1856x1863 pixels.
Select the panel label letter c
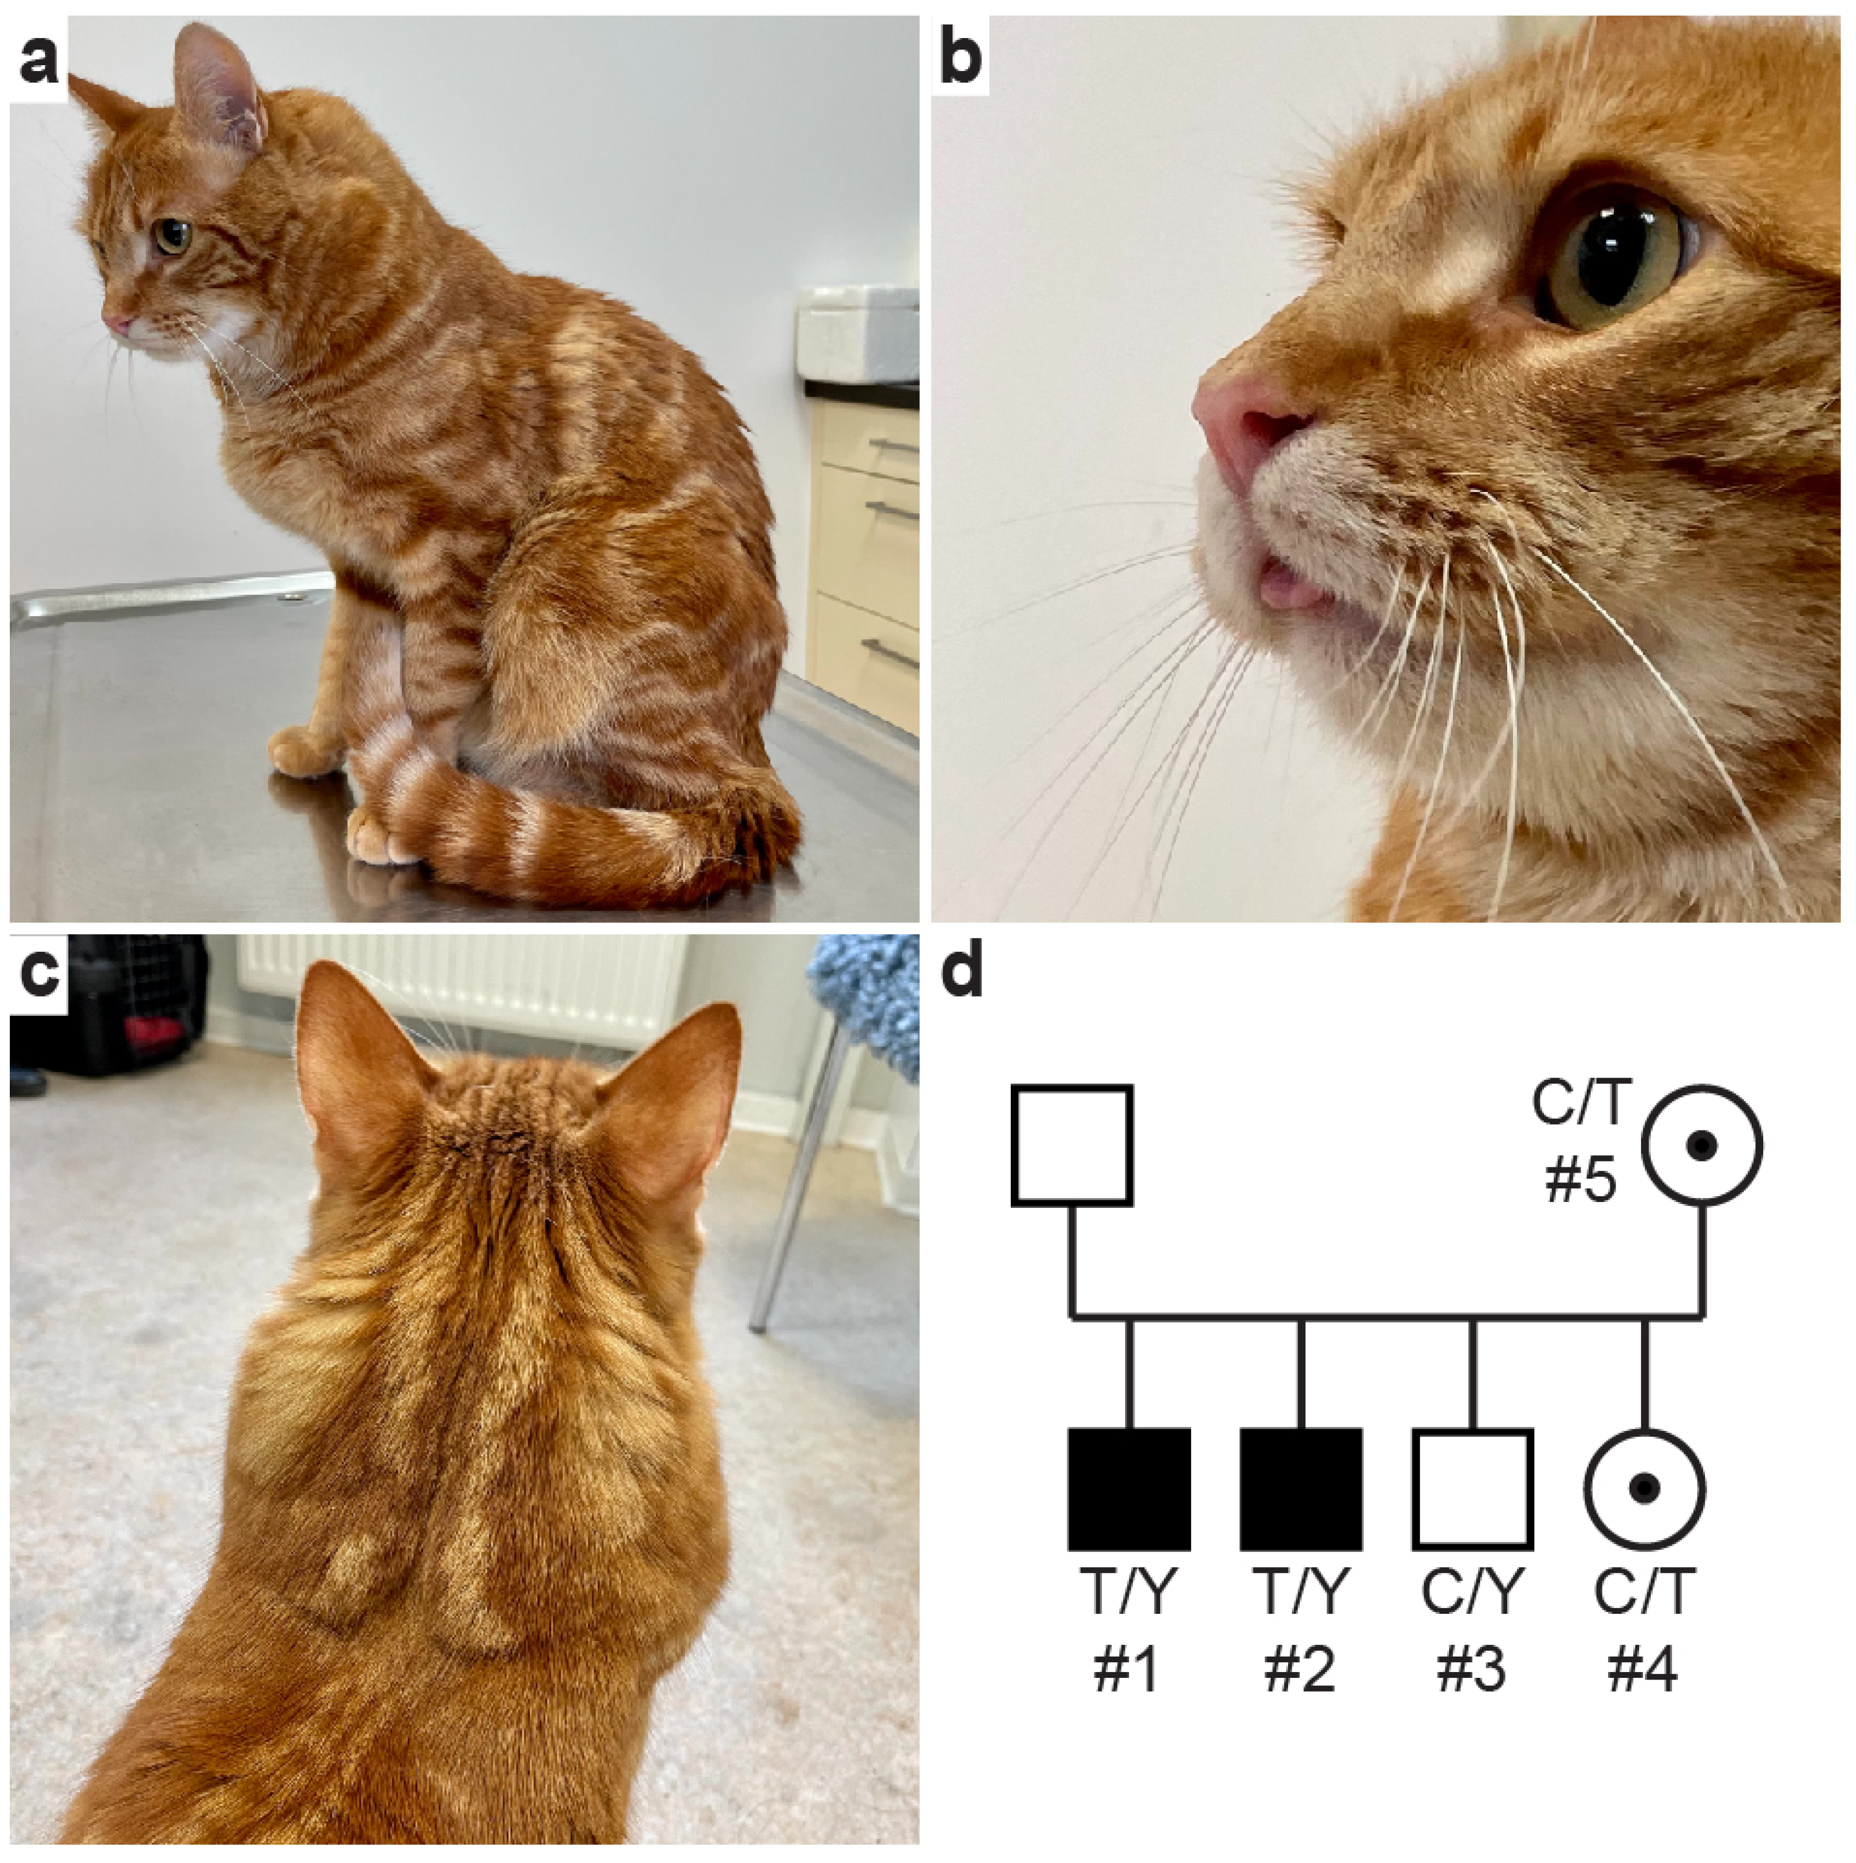coord(39,976)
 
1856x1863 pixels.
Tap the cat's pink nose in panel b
coord(1244,425)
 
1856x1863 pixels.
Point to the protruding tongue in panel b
coord(1287,585)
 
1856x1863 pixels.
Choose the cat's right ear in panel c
coord(665,1109)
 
